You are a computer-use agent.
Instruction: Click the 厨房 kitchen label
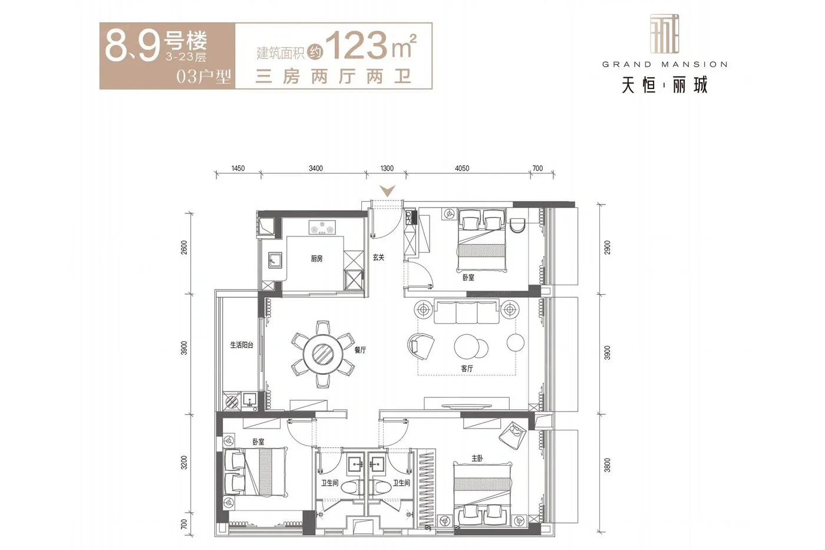pos(316,259)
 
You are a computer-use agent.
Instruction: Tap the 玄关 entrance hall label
pos(378,257)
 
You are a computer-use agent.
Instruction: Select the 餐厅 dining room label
pos(360,350)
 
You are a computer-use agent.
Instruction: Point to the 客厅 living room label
pos(467,368)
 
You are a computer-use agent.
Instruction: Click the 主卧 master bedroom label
pos(477,458)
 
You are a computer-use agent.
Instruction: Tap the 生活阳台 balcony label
pos(242,345)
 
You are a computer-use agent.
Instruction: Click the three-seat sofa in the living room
pos(467,312)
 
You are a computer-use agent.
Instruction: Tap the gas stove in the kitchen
pos(322,227)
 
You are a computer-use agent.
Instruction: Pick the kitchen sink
pos(275,260)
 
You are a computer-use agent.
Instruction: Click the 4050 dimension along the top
pos(462,169)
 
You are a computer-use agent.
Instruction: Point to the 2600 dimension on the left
pos(184,247)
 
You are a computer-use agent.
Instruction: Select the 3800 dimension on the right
pos(608,465)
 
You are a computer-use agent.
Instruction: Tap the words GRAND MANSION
pos(665,64)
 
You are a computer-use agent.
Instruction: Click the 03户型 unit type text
pos(204,77)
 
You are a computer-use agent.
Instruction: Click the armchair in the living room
pos(421,346)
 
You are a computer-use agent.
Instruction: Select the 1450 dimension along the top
pos(238,169)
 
